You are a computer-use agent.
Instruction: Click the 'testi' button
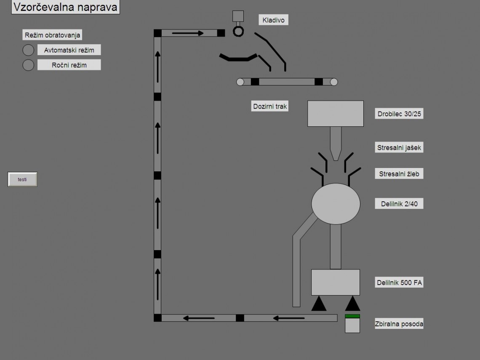pos(22,179)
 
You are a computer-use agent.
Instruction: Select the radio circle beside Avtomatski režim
pos(28,50)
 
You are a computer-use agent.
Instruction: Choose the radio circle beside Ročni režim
pos(28,65)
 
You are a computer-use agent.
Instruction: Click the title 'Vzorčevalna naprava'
pos(65,7)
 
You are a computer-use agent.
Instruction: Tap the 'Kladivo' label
pos(273,20)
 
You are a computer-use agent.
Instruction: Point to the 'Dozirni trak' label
pos(270,107)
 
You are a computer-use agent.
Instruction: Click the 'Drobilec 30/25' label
pos(399,114)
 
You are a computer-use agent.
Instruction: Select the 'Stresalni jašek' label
pos(399,147)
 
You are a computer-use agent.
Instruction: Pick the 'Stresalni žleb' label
pos(399,174)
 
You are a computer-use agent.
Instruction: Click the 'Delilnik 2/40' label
pos(399,204)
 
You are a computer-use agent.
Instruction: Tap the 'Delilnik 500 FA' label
pos(399,283)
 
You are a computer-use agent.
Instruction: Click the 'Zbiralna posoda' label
pos(399,324)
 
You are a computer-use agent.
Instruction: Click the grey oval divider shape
pos(336,204)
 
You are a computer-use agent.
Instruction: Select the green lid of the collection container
pos(352,316)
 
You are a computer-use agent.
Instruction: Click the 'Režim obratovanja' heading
pos(52,35)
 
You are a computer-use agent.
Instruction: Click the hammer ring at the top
pos(239,31)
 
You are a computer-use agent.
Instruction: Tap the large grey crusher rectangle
pos(336,113)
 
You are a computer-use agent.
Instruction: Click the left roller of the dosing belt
pos(240,82)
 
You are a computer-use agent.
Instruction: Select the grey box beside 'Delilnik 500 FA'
pos(336,282)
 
